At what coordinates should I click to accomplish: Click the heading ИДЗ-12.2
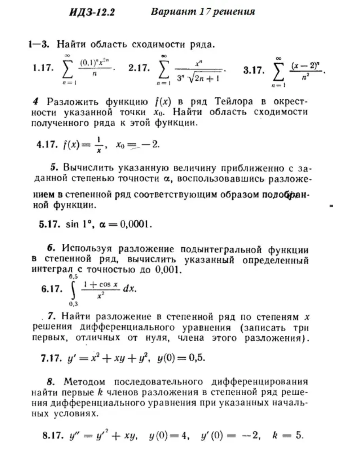pyautogui.click(x=92, y=13)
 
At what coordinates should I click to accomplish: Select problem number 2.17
pyautogui.click(x=139, y=68)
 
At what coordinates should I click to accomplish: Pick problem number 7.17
pyautogui.click(x=51, y=359)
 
